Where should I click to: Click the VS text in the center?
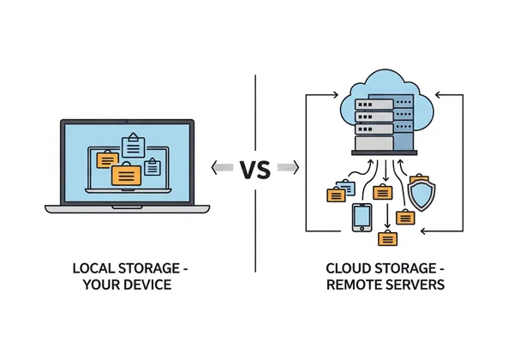(x=255, y=168)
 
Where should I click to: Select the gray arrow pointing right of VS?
(x=287, y=168)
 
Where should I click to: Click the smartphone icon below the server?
(x=361, y=217)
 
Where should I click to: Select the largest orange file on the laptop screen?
(x=126, y=174)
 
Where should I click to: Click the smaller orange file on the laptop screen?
(x=107, y=159)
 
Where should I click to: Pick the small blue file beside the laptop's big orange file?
(x=152, y=165)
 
